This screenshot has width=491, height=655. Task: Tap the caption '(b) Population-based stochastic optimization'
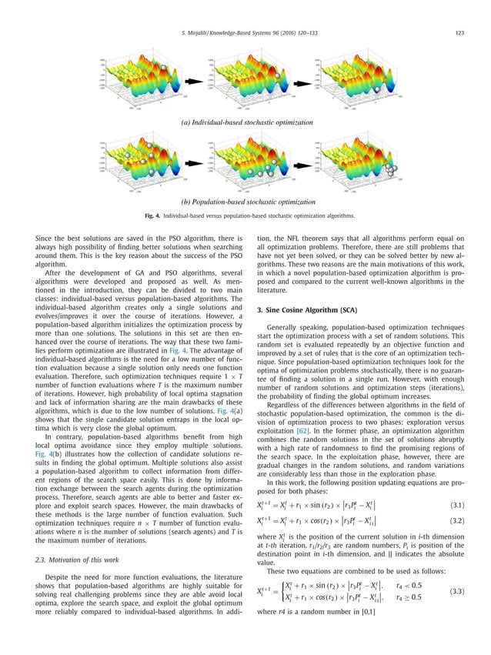click(x=245, y=202)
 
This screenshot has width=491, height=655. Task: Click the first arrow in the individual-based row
click(x=192, y=80)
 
